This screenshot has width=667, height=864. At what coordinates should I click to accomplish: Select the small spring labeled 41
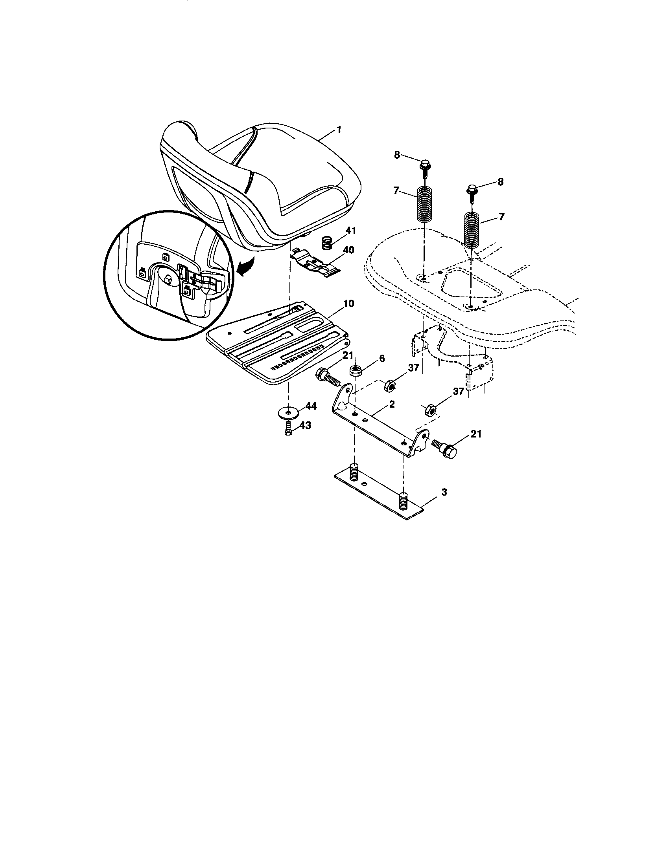click(326, 242)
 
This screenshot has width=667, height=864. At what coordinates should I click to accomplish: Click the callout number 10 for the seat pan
click(348, 304)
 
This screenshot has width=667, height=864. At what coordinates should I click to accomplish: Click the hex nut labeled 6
click(356, 371)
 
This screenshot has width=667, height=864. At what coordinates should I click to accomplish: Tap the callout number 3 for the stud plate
click(444, 492)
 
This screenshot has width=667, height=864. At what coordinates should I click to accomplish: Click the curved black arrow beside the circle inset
click(244, 271)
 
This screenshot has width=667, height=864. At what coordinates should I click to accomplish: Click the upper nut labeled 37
click(389, 385)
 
